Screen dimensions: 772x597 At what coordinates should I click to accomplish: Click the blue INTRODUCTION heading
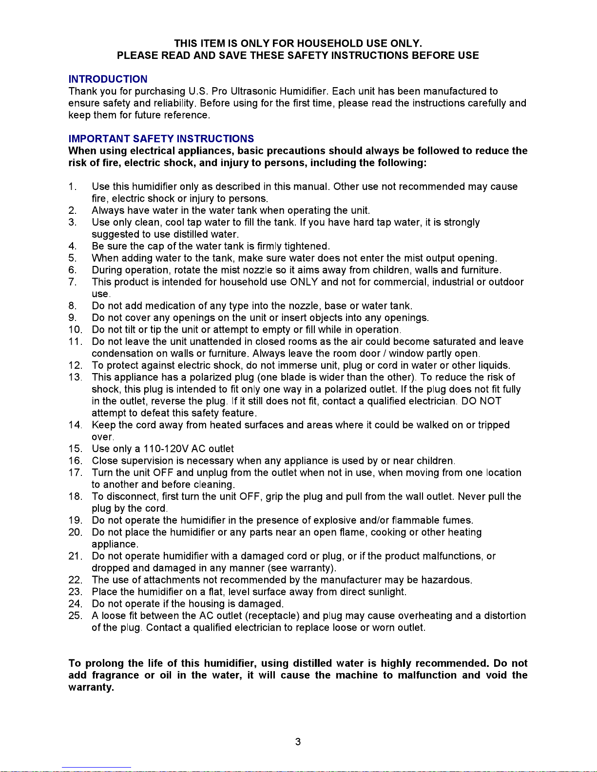tap(108, 79)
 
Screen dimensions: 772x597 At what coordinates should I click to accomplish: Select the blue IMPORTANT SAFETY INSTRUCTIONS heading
tap(161, 139)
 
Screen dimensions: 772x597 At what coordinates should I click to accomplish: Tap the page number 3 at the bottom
tap(298, 742)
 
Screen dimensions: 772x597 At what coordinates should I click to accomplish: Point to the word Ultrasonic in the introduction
tap(253, 91)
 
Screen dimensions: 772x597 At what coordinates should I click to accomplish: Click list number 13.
tap(75, 377)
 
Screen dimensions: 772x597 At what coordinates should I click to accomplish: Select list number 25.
tap(75, 616)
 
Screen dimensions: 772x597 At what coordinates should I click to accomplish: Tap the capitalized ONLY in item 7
tap(304, 282)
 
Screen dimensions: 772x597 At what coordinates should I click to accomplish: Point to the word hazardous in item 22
tap(446, 580)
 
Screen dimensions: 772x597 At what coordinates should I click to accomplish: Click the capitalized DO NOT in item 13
tap(481, 401)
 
